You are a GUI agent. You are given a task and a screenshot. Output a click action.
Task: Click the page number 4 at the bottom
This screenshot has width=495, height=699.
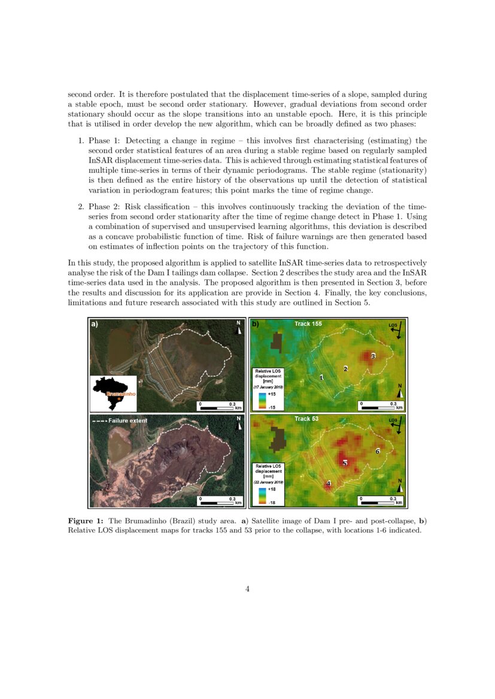[x=247, y=589]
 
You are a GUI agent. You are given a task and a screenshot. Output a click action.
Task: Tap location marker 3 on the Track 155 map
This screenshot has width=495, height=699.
[x=373, y=356]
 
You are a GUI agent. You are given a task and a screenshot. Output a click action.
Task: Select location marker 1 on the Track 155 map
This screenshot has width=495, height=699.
[x=321, y=377]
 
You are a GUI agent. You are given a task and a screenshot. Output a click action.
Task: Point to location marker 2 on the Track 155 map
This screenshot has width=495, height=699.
[x=345, y=368]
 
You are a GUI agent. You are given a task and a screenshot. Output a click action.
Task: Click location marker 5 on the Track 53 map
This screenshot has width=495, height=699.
[x=344, y=463]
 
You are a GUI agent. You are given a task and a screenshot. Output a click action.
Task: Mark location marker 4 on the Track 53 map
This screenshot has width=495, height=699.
[x=328, y=483]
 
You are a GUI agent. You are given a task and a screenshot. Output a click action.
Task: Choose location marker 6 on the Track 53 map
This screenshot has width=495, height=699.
[x=377, y=451]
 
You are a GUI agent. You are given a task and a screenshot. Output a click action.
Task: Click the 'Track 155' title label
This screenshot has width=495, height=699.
[x=308, y=323]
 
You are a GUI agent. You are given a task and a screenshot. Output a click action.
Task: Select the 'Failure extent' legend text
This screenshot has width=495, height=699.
[x=127, y=421]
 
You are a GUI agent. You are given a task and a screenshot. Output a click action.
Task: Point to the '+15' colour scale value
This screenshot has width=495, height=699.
[x=271, y=394]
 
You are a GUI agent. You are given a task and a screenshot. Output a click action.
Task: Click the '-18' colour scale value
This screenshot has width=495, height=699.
[x=271, y=502]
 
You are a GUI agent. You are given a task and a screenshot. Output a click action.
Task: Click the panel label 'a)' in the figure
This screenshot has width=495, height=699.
[x=94, y=324]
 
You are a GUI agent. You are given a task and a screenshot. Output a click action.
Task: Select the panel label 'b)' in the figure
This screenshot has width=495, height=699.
[x=255, y=324]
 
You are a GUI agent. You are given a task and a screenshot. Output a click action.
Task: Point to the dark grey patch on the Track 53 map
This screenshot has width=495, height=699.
[x=277, y=439]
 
